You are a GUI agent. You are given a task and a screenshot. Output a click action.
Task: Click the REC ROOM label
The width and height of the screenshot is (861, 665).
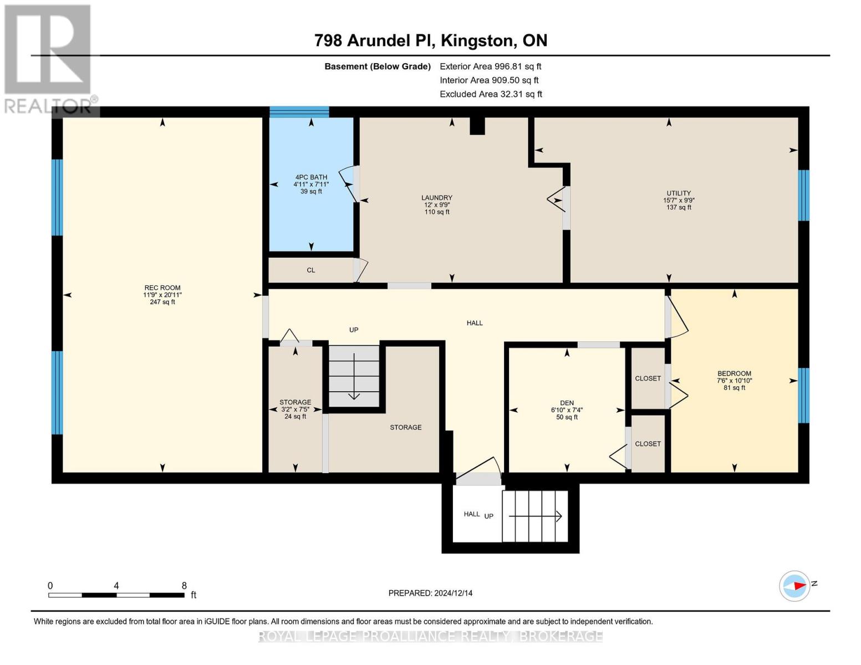pos(162,288)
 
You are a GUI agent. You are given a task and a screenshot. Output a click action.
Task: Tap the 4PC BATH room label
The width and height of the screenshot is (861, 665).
pos(311,177)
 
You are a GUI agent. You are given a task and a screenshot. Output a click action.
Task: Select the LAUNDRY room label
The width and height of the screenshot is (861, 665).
pos(437,198)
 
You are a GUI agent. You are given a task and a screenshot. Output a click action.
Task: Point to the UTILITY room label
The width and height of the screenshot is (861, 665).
pos(679,193)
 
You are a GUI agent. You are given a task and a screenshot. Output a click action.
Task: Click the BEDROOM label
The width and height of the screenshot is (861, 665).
pos(734,374)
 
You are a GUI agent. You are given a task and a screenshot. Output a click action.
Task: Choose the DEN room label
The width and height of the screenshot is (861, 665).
pos(567,403)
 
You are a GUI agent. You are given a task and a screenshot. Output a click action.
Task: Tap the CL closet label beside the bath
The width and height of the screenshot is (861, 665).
pos(311,270)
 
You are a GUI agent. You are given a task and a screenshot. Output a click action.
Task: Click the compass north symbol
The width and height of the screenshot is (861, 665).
pos(795,586)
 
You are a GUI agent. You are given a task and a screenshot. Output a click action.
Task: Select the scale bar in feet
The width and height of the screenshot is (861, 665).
pos(116,595)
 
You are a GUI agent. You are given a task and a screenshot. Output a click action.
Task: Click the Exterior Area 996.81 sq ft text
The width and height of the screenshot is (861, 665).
pos(490,66)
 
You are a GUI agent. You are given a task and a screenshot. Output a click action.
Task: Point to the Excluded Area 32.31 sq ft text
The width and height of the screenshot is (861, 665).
pos(491,94)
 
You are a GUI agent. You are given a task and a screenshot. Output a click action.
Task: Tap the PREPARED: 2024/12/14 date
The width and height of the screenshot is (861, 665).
pos(430,593)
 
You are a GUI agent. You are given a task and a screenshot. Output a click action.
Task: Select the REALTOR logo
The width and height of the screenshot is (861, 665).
pos(49,58)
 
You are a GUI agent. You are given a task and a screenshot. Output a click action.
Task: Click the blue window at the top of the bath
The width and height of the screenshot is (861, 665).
pos(299,112)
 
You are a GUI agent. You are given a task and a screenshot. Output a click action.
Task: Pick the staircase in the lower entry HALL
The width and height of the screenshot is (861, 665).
pos(535,516)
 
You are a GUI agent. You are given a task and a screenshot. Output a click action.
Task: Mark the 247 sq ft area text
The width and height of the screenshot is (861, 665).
pos(162,302)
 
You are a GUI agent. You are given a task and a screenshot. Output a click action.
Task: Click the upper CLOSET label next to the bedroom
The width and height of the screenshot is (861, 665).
pos(648,378)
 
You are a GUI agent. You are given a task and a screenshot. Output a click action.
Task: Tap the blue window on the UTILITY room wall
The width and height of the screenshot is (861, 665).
pos(803,195)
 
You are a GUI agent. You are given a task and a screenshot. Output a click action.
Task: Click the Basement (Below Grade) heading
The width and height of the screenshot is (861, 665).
pos(378,66)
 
